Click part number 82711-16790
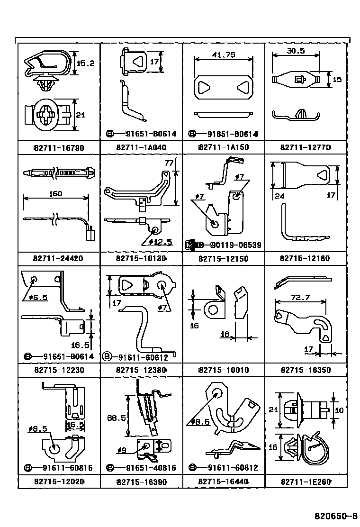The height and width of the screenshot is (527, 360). (x=59, y=148)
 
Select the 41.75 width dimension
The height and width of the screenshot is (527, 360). (x=224, y=55)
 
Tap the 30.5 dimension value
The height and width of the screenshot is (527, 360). (x=296, y=51)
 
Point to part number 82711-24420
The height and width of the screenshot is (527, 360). (x=58, y=258)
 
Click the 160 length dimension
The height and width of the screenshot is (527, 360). (x=55, y=193)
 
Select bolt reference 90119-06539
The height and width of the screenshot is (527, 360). (x=235, y=245)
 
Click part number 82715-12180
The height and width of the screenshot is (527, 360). (x=305, y=258)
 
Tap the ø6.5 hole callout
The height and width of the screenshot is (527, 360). (x=38, y=298)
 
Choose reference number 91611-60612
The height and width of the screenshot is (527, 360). (x=143, y=357)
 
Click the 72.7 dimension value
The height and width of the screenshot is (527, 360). (x=300, y=298)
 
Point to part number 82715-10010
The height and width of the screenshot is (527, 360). (x=224, y=370)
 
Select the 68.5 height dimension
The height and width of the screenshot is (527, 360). (x=117, y=418)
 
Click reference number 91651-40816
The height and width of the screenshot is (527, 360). (x=151, y=468)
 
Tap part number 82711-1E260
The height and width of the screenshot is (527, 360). (x=306, y=482)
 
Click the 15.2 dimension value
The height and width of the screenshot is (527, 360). (x=86, y=63)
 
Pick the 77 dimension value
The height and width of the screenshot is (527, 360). (x=169, y=164)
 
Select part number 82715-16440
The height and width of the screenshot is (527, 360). (x=223, y=482)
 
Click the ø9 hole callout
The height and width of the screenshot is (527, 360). (x=122, y=450)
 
